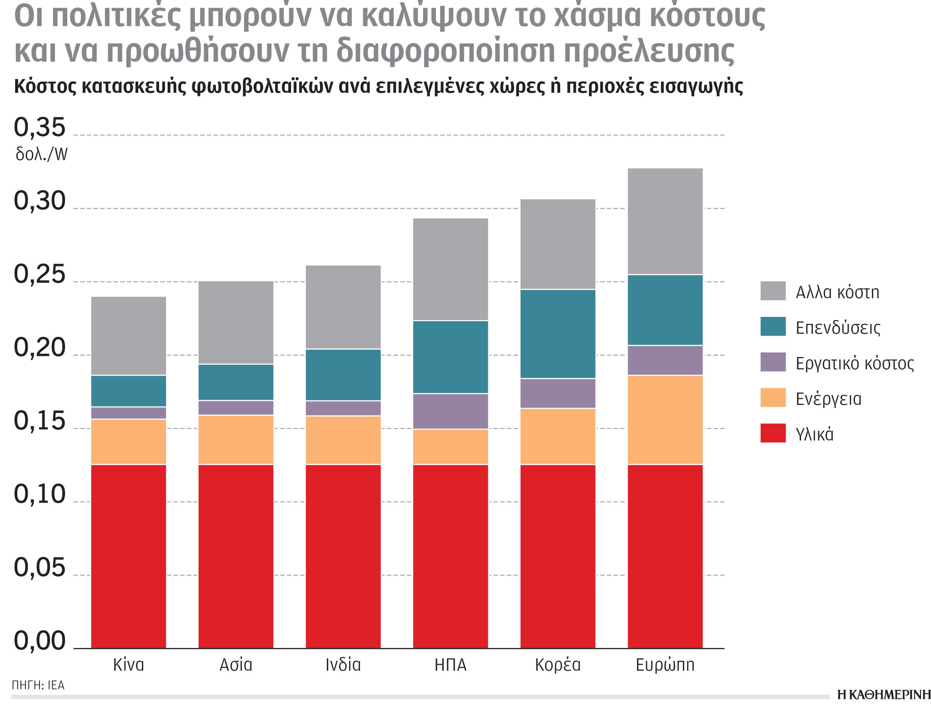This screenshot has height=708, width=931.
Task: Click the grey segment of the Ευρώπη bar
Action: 665,221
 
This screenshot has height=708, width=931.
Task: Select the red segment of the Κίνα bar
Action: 129,556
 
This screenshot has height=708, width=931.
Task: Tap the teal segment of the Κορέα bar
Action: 558,334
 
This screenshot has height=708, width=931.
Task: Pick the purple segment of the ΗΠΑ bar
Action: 450,411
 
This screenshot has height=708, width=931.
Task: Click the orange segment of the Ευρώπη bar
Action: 665,419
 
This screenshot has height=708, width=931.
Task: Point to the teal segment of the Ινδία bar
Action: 343,375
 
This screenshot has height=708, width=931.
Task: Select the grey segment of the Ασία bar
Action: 236,322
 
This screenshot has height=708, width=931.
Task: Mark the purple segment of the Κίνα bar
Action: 129,413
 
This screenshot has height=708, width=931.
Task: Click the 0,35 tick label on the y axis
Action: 40,128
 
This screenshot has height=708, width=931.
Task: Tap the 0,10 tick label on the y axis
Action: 40,495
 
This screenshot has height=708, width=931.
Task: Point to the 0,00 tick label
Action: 40,641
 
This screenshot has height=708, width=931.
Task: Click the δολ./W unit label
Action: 41,155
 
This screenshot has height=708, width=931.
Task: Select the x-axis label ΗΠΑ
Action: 450,665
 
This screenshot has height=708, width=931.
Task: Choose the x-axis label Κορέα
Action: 558,665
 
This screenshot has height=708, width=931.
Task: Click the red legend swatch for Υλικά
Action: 773,433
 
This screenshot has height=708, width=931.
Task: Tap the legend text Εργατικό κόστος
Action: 855,363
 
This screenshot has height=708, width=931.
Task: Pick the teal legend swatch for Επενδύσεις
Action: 773,326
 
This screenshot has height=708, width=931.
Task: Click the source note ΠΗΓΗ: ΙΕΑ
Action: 38,685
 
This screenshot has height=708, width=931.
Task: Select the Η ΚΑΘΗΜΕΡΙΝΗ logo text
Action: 884,695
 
